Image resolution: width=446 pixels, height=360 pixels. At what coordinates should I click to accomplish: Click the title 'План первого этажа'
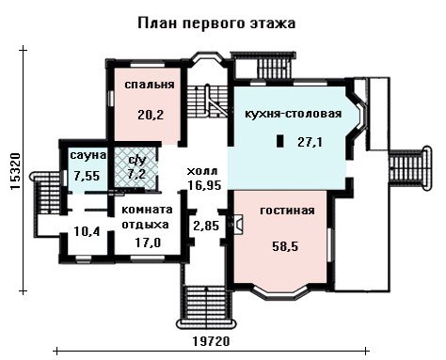coord(216,23)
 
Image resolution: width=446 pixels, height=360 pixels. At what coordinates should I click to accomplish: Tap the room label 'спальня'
coord(150,85)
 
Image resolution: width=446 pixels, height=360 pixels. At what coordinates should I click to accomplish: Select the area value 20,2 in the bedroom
coord(151,116)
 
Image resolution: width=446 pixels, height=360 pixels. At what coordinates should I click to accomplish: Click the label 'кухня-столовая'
coord(293,114)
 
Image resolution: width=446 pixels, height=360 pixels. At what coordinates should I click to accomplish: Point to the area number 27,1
coord(310,143)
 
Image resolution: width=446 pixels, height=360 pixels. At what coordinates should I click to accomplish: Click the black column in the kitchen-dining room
coord(280,141)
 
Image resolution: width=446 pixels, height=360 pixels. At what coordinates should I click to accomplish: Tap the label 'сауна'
coord(88,155)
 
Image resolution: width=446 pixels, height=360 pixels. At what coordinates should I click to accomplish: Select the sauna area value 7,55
coord(87,176)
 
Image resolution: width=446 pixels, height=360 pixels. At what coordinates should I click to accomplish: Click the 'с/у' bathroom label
coord(137,161)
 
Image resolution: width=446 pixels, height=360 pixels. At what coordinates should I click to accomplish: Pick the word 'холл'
coord(202,171)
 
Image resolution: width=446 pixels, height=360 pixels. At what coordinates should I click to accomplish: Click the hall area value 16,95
coord(204,185)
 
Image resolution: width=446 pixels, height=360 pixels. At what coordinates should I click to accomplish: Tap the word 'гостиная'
coord(287,211)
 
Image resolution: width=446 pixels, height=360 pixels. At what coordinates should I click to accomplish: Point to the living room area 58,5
coord(285,246)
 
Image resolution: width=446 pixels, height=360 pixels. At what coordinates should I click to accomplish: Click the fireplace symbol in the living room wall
coord(238,224)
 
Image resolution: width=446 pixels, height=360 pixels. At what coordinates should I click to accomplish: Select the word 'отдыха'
coord(145,225)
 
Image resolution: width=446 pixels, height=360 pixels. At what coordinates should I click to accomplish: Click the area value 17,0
coord(148,243)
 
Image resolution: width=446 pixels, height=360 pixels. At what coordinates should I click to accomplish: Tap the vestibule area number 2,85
coord(206,226)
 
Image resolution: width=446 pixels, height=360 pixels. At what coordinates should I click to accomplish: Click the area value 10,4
coord(87,232)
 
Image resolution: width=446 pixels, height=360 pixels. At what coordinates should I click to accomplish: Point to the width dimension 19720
coord(211,341)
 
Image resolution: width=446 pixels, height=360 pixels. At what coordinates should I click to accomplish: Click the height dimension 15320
coord(15,171)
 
